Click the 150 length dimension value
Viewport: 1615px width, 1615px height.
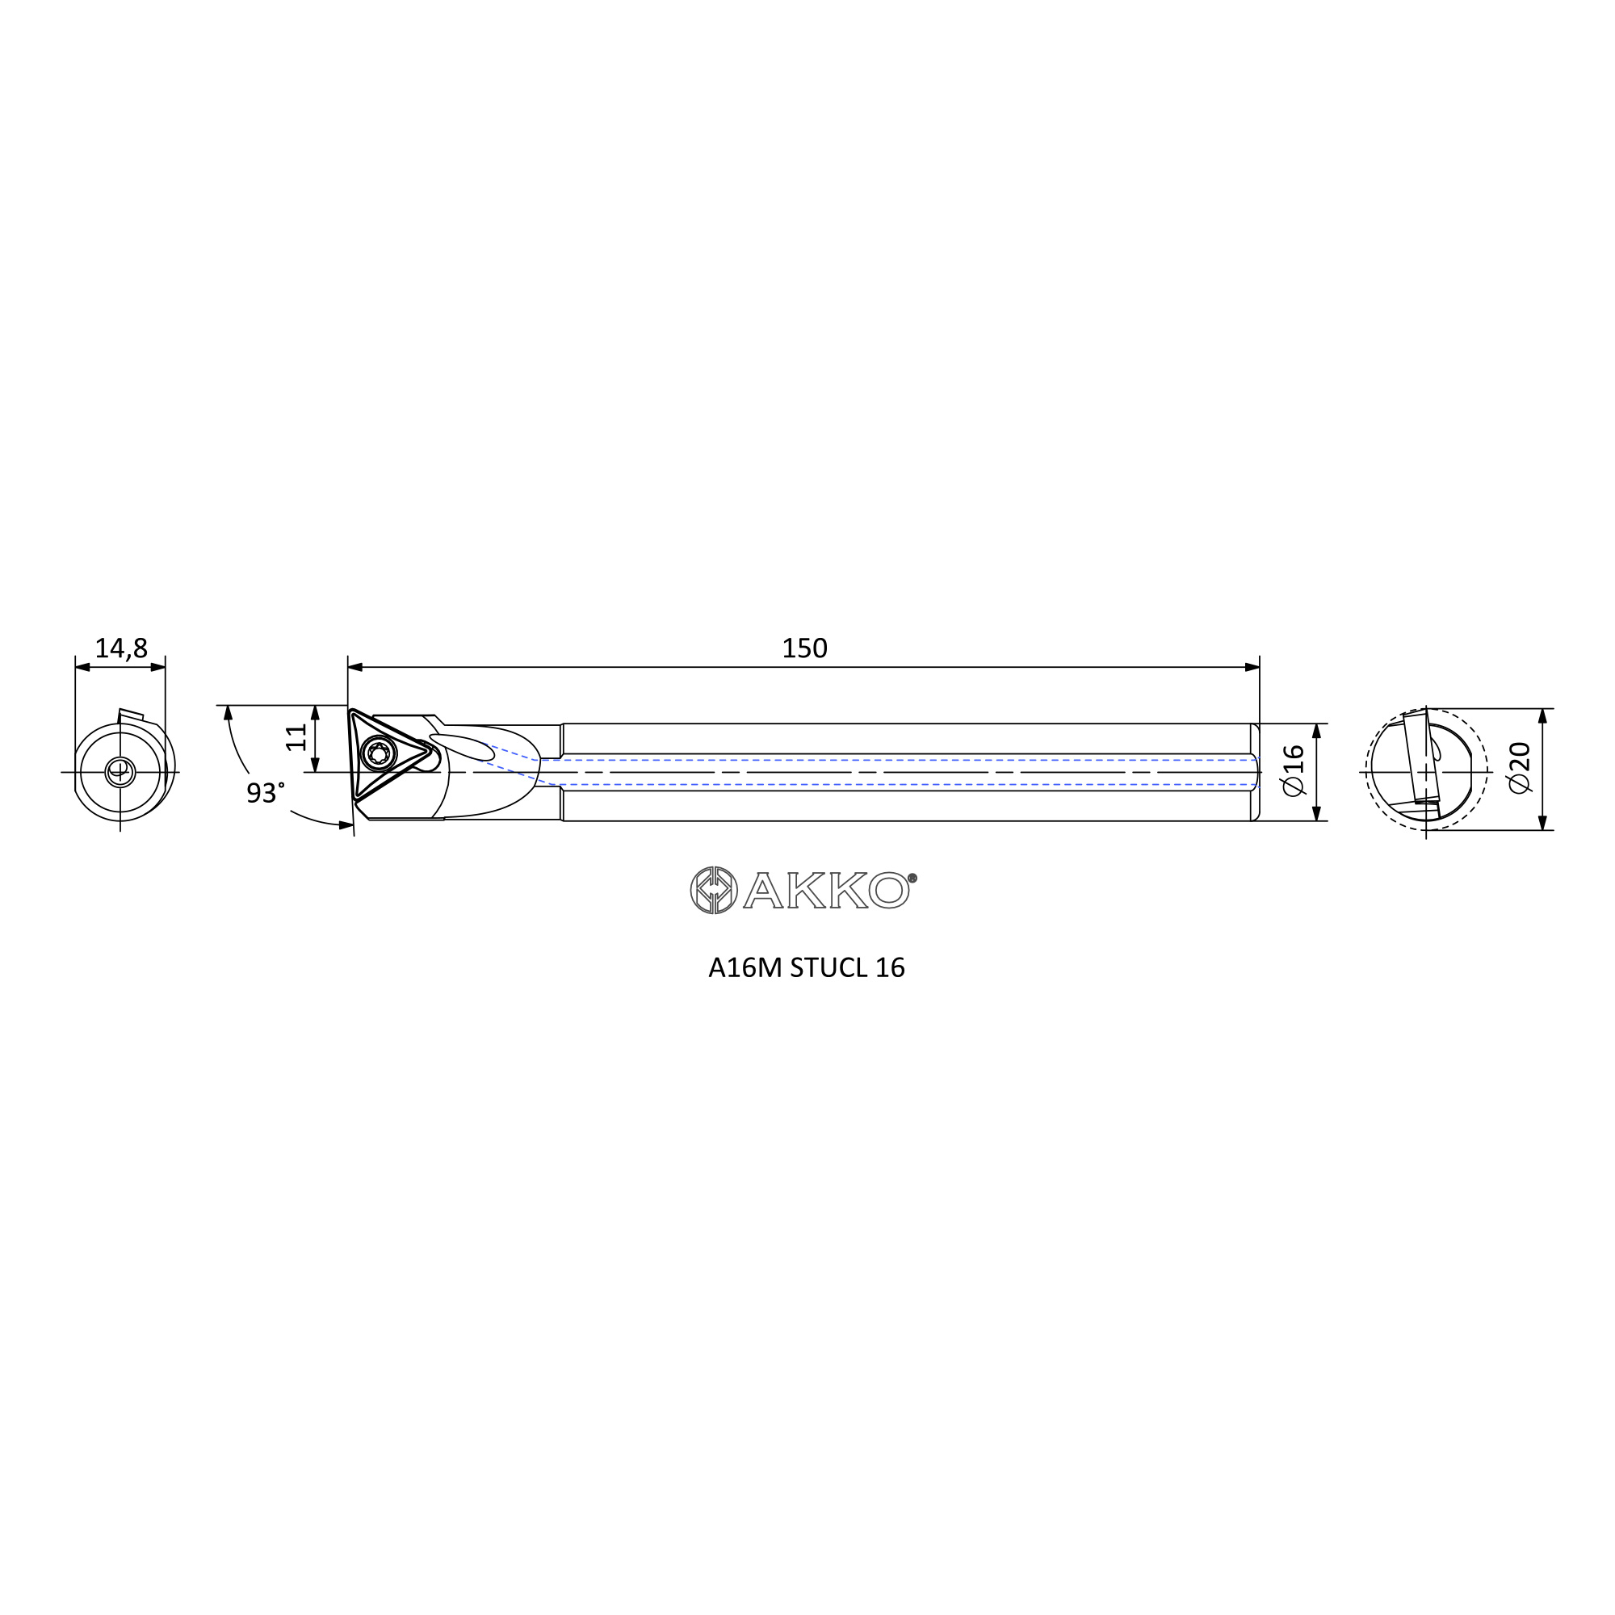coord(804,648)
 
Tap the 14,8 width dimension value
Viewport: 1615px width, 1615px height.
coord(121,648)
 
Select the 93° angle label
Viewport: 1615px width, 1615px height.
coord(265,792)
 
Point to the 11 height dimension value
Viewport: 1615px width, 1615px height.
coord(296,737)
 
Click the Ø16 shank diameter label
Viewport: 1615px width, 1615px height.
coord(1293,770)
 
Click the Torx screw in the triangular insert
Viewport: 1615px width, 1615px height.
coord(379,754)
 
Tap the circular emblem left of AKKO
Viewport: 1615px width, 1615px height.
coord(714,889)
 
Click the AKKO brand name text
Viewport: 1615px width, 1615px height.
coord(826,890)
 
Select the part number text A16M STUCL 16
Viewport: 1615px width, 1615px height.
coord(807,968)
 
